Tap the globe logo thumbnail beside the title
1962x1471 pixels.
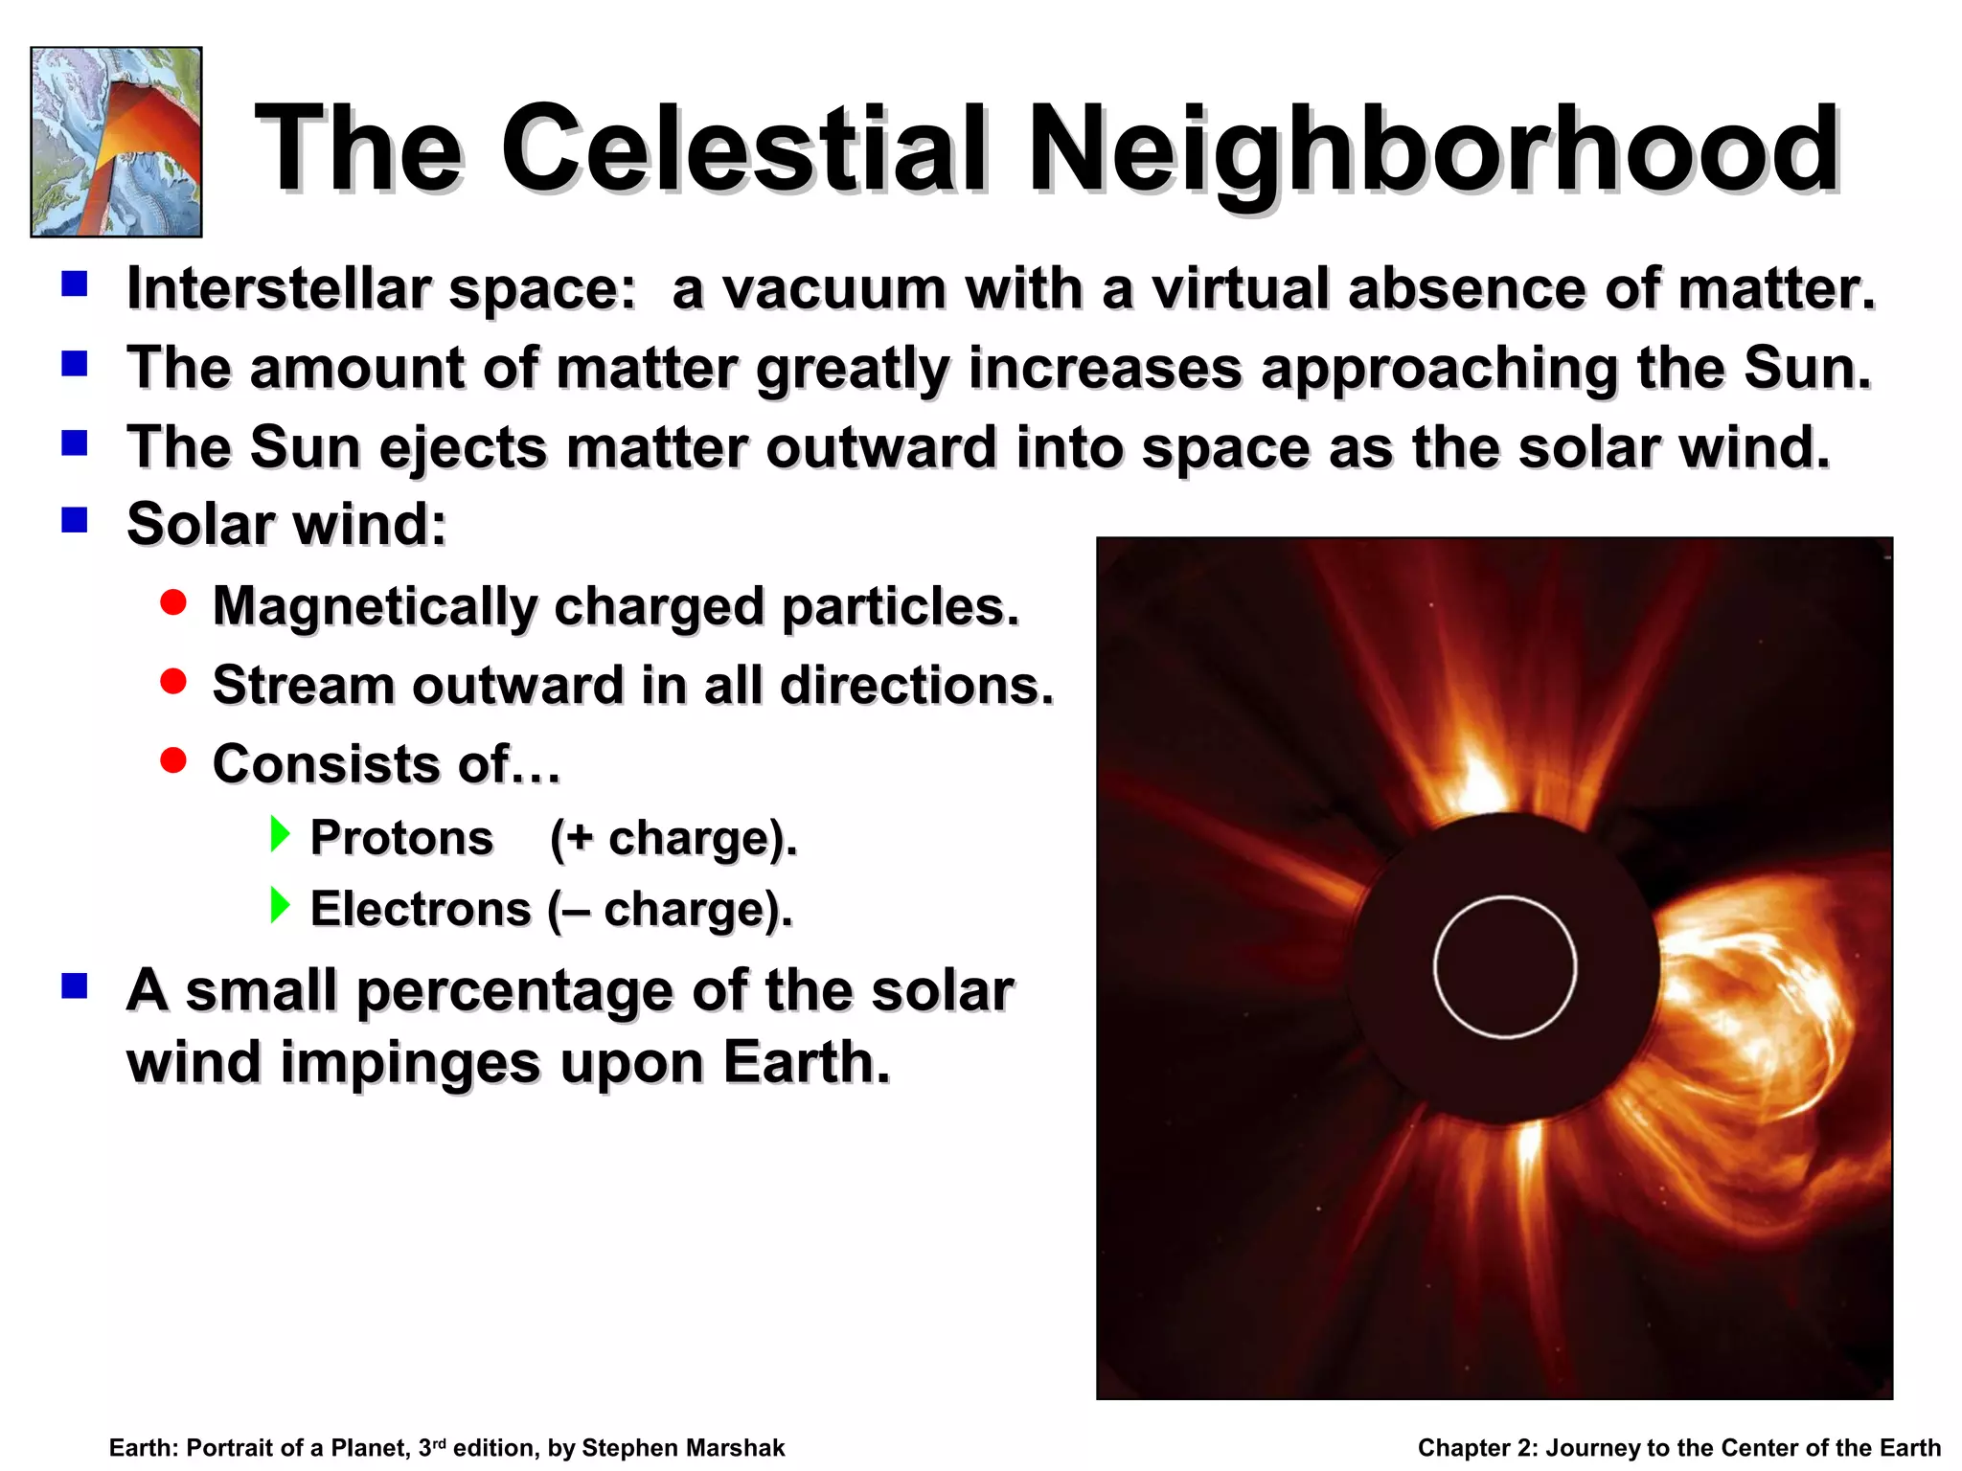116,142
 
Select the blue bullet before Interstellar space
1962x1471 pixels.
75,283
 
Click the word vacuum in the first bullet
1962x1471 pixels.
833,289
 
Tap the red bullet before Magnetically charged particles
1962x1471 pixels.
173,602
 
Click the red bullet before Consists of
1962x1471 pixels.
173,760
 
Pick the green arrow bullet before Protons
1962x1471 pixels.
280,834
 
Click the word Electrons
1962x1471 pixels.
420,909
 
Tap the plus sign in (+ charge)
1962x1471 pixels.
579,839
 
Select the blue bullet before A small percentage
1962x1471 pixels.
75,985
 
